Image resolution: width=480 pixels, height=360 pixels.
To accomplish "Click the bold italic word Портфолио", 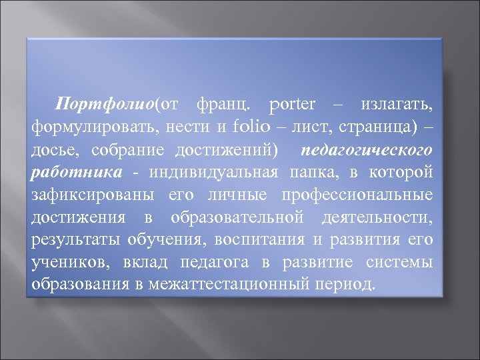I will pos(105,105).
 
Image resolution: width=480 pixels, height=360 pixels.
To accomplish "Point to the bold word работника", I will pos(77,173).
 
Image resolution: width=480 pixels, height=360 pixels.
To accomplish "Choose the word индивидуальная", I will pos(213,173).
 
